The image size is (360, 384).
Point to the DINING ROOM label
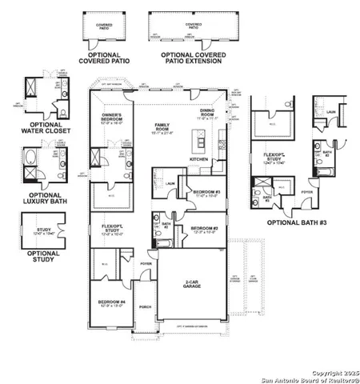(208, 112)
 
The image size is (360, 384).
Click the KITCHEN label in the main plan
(199, 159)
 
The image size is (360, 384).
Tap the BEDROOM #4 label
(110, 302)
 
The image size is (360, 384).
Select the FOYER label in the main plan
(145, 262)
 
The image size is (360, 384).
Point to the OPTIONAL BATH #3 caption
(294, 222)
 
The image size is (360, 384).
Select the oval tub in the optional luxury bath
(31, 169)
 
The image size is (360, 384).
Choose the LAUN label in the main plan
(170, 182)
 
